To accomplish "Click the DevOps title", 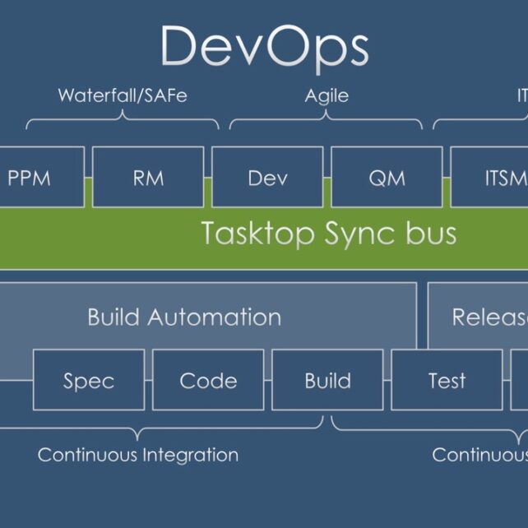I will pos(264,47).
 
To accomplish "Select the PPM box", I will pos(41,177).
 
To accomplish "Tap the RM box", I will pos(148,177).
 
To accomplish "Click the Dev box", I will pos(267,177).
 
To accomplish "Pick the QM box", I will pos(387,177).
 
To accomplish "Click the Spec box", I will pos(88,380).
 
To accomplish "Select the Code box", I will pos(208,380).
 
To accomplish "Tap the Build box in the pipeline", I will pos(327,380).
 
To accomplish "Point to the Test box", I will pos(447,380).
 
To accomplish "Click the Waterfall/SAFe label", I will pos(123,95).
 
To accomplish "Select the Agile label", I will pos(327,95).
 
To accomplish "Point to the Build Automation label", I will pos(184,317).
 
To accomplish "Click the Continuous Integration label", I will pos(138,454).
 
